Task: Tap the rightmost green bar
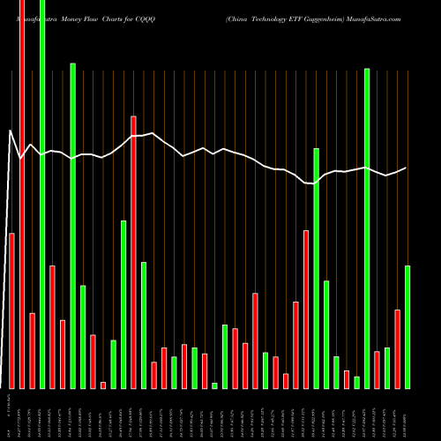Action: pyautogui.click(x=407, y=326)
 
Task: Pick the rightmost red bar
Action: pyautogui.click(x=397, y=348)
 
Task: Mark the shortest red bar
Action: pyautogui.click(x=103, y=385)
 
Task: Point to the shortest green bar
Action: pyautogui.click(x=214, y=385)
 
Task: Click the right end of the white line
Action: pyautogui.click(x=407, y=168)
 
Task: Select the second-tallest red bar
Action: pyautogui.click(x=133, y=251)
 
